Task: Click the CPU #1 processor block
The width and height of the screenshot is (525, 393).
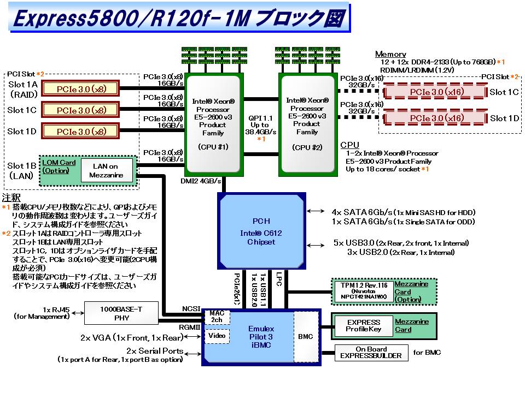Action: (214, 125)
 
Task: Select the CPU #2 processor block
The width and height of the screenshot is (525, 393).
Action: (307, 125)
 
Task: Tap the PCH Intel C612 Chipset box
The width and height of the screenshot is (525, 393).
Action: (261, 231)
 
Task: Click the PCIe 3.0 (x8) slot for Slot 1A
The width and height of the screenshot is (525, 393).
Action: (81, 88)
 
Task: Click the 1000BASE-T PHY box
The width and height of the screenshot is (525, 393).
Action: (121, 313)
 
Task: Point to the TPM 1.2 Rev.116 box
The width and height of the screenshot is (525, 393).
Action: (363, 291)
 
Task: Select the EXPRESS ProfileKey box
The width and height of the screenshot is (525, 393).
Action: (363, 326)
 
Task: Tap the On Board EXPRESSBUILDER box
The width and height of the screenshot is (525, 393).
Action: (371, 353)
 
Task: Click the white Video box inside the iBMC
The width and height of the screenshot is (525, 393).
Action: (217, 336)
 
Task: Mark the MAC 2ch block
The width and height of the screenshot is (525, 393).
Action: (217, 316)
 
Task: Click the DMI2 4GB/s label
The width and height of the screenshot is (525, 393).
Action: (201, 181)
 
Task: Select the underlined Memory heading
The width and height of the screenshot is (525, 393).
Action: (390, 54)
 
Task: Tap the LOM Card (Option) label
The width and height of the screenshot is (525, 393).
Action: (59, 166)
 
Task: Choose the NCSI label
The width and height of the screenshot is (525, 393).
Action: (191, 309)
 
